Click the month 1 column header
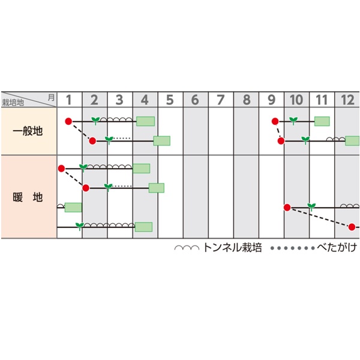[x=69, y=100]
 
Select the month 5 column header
[x=170, y=100]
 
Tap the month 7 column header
[x=220, y=100]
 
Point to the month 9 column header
[x=271, y=100]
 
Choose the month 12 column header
[x=347, y=100]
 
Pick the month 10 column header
[x=296, y=100]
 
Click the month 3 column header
[x=119, y=100]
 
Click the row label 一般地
[x=28, y=131]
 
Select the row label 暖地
[x=28, y=197]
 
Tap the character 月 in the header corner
[x=52, y=96]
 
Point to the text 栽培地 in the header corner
[x=13, y=103]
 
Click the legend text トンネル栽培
[x=233, y=248]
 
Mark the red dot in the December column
[x=352, y=227]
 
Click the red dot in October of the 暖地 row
[x=287, y=208]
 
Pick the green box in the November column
[x=322, y=121]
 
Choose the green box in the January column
[x=73, y=207]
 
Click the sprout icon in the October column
[x=293, y=120]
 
